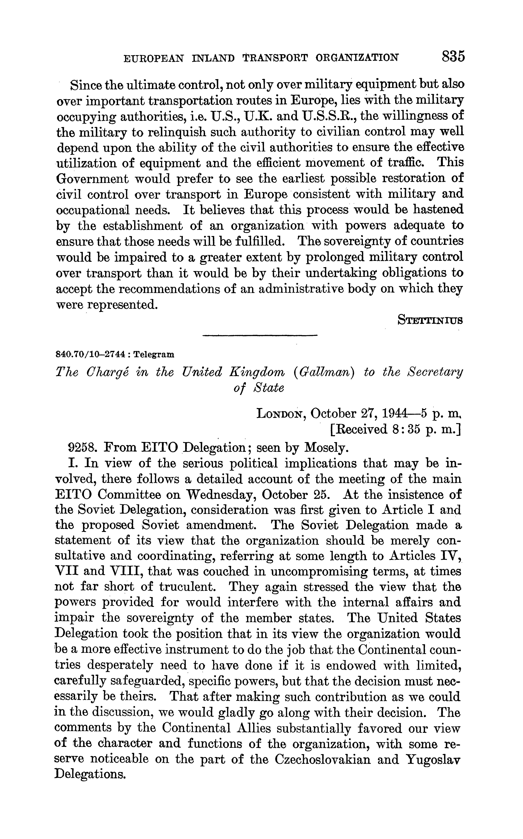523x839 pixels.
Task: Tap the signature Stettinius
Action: coord(430,320)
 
